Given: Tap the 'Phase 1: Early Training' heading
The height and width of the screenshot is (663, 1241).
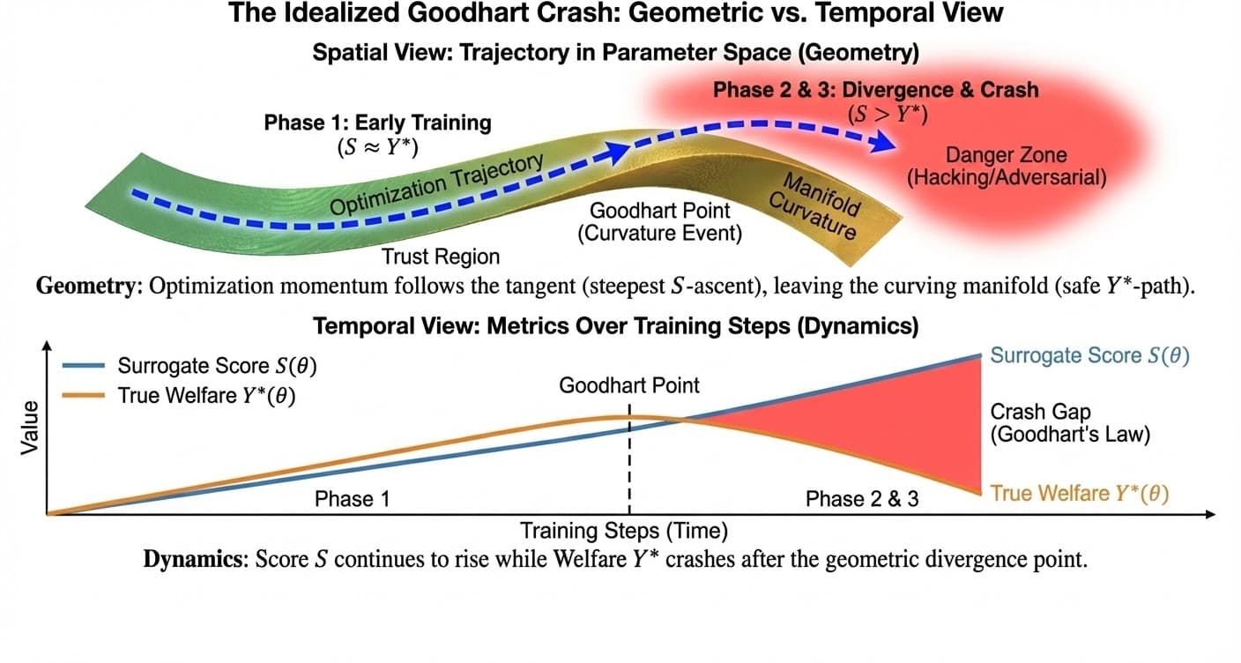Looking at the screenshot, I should [x=377, y=123].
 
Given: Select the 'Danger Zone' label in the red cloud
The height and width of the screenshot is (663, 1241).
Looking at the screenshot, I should [x=1005, y=156].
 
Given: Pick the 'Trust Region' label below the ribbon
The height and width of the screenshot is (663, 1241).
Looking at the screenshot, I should [x=440, y=257].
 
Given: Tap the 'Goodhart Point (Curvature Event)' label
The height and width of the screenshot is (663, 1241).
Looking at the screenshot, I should [x=660, y=222].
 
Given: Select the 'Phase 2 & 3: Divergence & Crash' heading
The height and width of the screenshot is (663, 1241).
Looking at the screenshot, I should [x=875, y=90].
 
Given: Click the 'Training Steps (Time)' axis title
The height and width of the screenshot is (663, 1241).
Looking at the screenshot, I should [x=623, y=531].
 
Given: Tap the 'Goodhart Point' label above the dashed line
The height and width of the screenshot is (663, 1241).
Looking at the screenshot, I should [x=629, y=385].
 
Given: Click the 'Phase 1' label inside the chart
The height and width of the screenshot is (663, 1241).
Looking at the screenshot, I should [x=352, y=499].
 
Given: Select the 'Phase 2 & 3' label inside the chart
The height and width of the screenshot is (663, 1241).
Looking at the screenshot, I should [x=862, y=499].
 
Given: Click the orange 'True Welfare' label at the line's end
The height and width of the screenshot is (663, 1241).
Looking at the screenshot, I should [x=1079, y=494].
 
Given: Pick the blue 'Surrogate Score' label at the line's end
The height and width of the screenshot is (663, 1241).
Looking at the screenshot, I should [x=1089, y=356].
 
